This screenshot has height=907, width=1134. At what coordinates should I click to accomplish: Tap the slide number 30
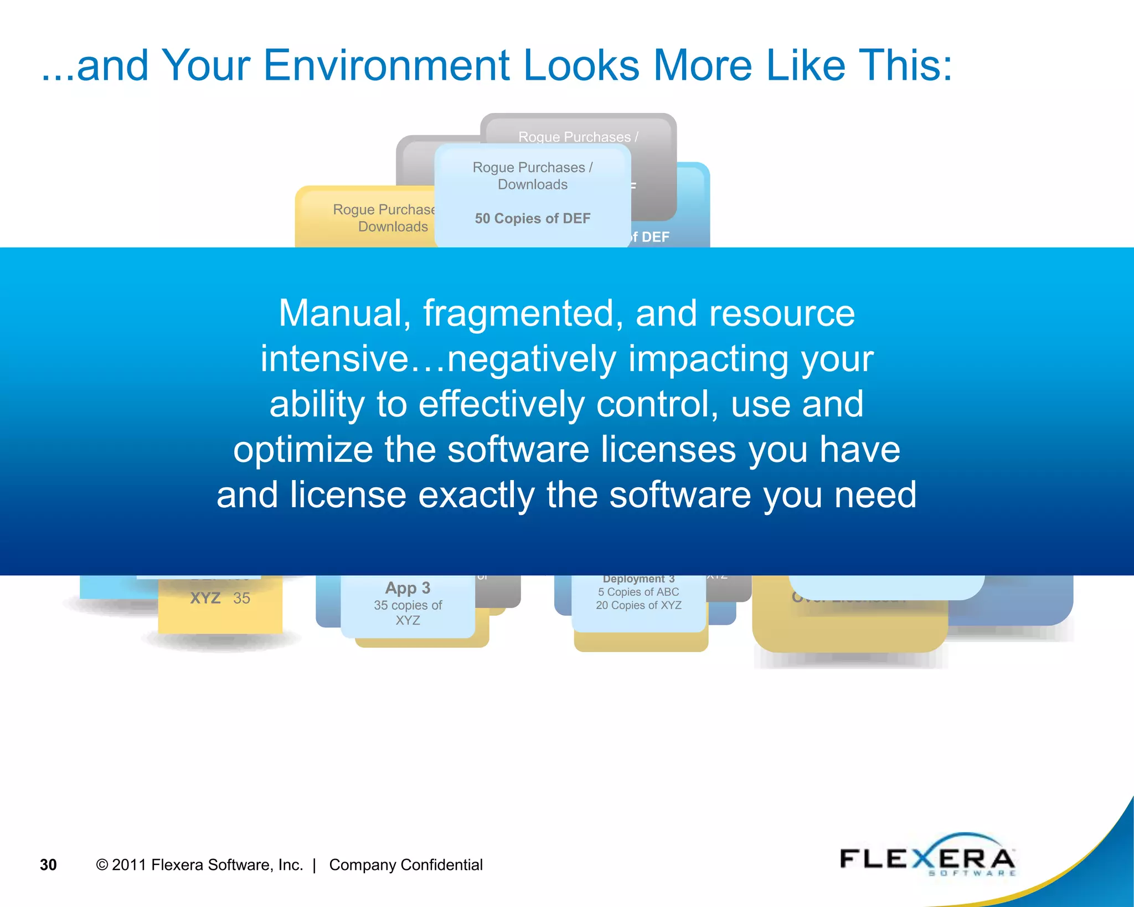click(x=48, y=865)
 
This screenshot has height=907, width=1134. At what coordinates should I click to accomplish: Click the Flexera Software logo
click(x=927, y=858)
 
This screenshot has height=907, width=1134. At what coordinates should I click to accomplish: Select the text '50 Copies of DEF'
click(x=533, y=218)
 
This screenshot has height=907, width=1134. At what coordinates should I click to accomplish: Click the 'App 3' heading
click(x=408, y=588)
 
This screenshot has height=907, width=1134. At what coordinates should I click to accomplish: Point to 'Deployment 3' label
click(x=638, y=579)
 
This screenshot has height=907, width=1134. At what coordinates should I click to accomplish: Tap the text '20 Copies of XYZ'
click(x=638, y=605)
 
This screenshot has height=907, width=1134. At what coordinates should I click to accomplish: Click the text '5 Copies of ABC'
click(x=638, y=592)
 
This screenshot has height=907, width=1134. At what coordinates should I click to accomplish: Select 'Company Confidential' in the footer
click(x=406, y=865)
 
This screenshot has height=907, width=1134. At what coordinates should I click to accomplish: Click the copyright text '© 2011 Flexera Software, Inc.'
click(x=199, y=865)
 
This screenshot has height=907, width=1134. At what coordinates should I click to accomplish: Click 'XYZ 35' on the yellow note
click(x=220, y=598)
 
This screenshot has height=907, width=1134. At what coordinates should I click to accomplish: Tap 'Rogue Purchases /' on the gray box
click(x=578, y=137)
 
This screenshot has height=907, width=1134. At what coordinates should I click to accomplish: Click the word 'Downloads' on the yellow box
click(x=393, y=226)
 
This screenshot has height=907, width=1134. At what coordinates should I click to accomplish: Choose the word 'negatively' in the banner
click(x=532, y=359)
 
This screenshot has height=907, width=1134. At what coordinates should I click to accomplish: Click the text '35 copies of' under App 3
click(x=408, y=605)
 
